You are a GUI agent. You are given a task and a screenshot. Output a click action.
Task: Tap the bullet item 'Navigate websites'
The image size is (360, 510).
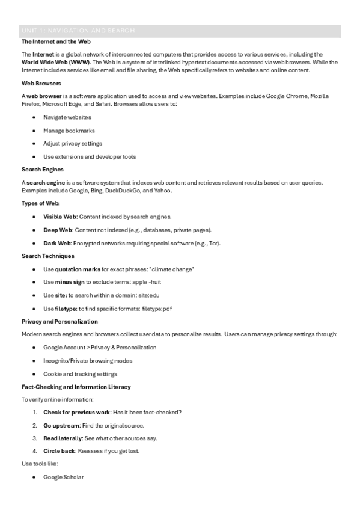[x=67, y=117]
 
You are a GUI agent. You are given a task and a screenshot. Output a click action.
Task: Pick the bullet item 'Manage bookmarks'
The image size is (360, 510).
[x=69, y=131]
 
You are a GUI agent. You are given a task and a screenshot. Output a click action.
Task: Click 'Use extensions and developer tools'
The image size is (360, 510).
[x=90, y=157]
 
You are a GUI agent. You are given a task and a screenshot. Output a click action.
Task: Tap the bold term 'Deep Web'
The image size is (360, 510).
[x=58, y=230]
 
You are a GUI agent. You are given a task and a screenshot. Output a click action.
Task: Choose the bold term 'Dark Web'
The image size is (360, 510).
[x=57, y=243]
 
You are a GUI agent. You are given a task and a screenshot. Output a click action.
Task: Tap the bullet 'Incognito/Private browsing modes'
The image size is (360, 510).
[x=88, y=361]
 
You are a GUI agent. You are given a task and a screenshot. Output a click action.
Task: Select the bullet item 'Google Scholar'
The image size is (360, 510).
[x=64, y=477]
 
